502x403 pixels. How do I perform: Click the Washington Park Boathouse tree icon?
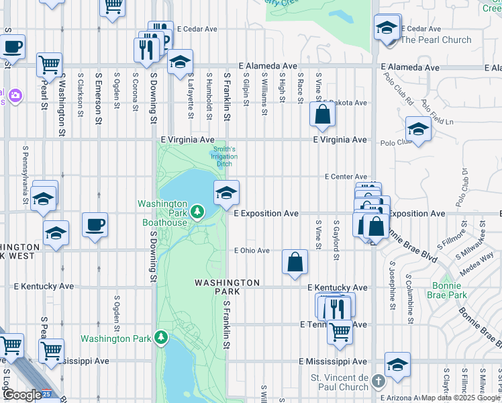click(x=197, y=213)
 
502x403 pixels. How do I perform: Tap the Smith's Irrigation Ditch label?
click(x=224, y=156)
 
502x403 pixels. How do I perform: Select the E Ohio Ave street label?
click(x=252, y=251)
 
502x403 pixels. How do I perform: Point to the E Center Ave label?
click(x=346, y=177)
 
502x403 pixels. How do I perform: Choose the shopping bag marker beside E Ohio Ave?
click(x=295, y=262)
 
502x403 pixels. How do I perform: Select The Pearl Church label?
click(x=436, y=40)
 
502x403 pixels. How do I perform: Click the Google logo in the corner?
click(x=21, y=395)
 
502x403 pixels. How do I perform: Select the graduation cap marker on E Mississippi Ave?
click(x=398, y=363)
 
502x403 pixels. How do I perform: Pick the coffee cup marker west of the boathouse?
click(x=95, y=224)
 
